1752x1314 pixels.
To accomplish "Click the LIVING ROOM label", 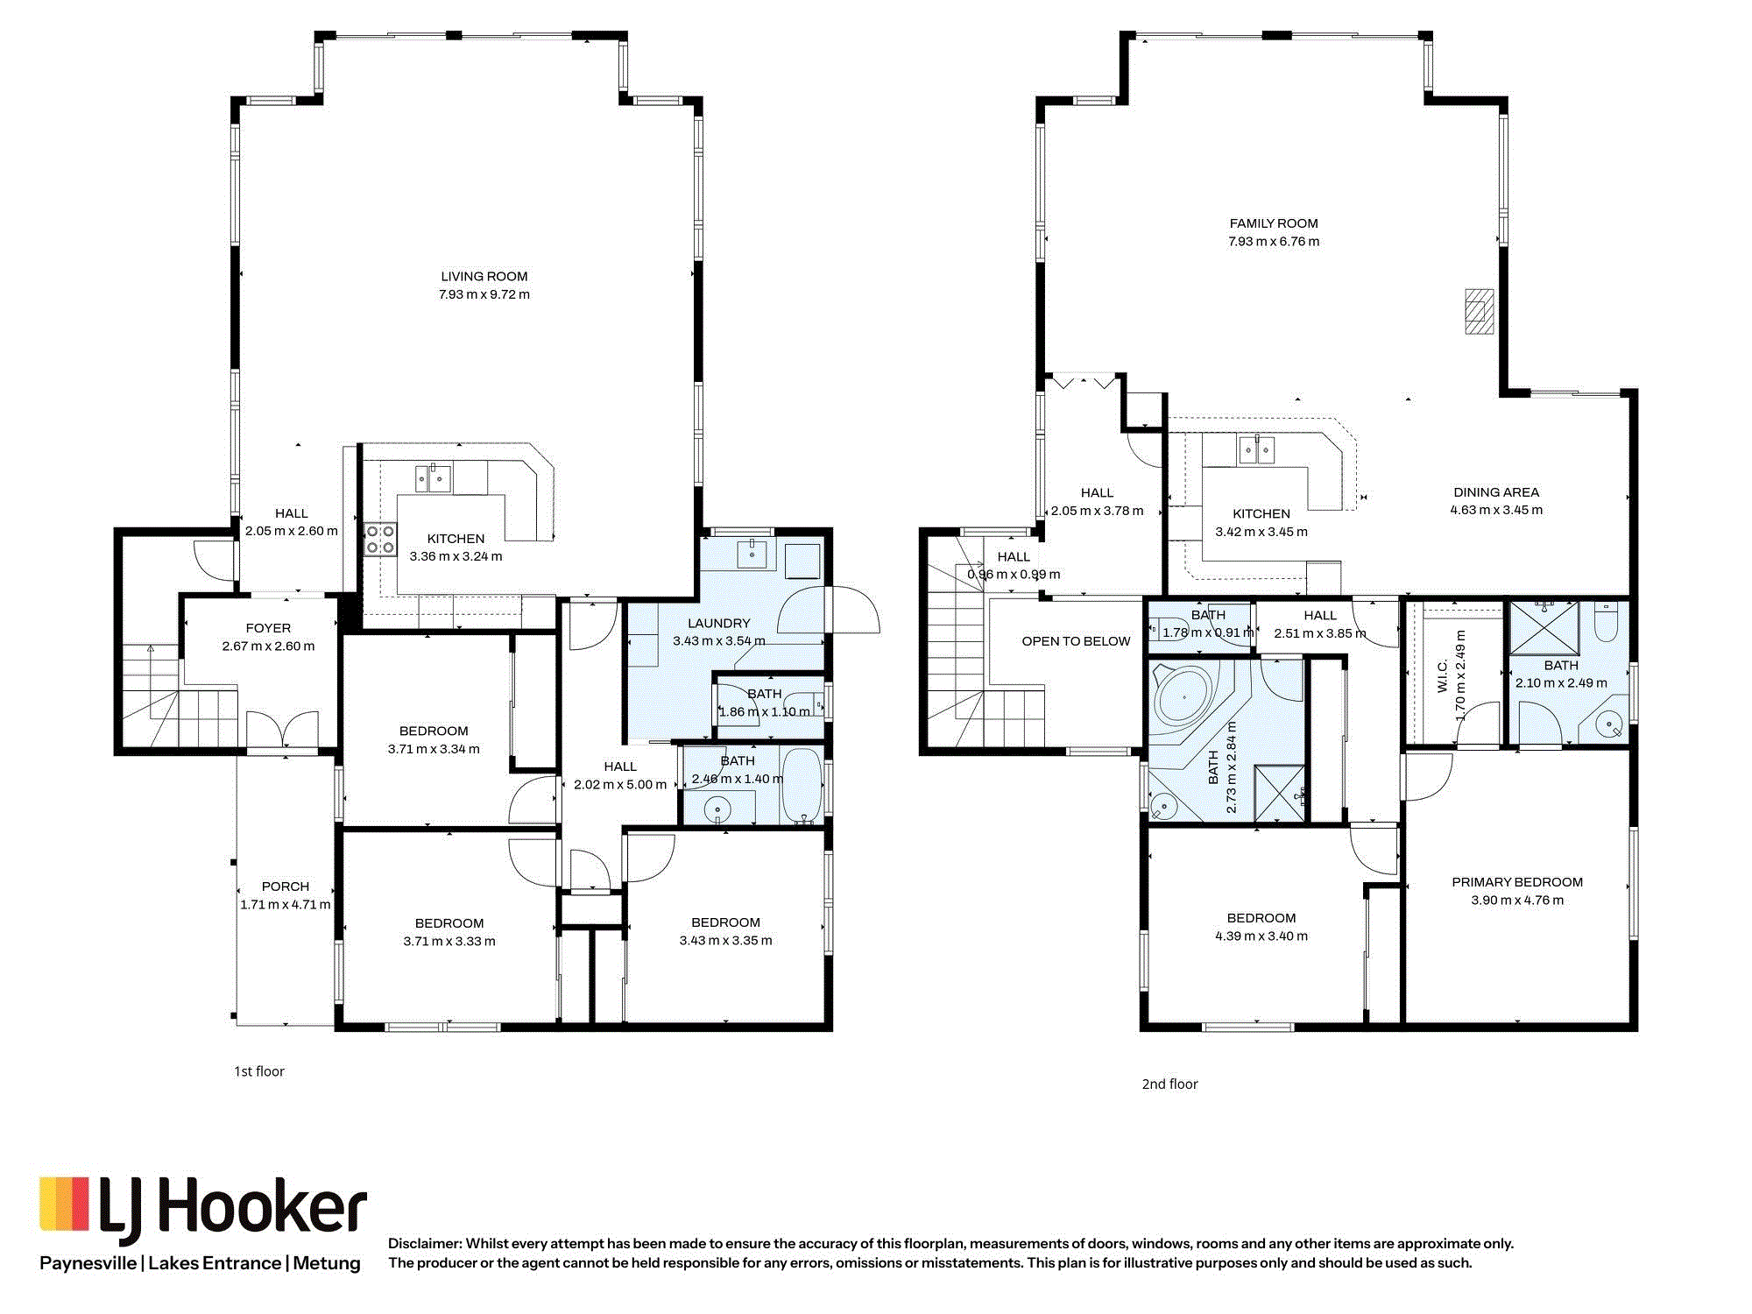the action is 484,276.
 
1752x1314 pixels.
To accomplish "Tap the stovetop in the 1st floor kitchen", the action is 380,539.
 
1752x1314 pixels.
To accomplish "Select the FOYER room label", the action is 268,628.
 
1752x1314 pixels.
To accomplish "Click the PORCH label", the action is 286,887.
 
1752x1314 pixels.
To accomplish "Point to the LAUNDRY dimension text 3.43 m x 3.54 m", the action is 718,641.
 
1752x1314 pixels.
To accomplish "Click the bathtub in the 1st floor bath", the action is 802,785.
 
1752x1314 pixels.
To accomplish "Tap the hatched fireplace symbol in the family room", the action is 1480,311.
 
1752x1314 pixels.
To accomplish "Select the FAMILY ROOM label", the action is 1274,223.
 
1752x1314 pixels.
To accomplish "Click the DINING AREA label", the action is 1496,492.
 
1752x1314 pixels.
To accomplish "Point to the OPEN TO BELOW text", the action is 1076,641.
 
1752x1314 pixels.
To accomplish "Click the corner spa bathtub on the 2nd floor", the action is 1183,698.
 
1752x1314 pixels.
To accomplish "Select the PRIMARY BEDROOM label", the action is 1517,882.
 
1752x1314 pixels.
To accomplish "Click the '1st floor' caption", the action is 259,1071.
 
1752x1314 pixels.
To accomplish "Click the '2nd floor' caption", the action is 1169,1084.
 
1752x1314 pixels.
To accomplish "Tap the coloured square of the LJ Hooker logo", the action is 64,1204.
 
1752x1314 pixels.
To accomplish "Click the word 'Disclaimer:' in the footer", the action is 425,1244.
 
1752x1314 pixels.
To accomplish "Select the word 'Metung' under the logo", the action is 327,1263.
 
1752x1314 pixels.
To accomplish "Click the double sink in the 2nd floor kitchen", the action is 1257,449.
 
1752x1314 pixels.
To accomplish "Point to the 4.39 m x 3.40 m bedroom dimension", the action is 1261,936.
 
